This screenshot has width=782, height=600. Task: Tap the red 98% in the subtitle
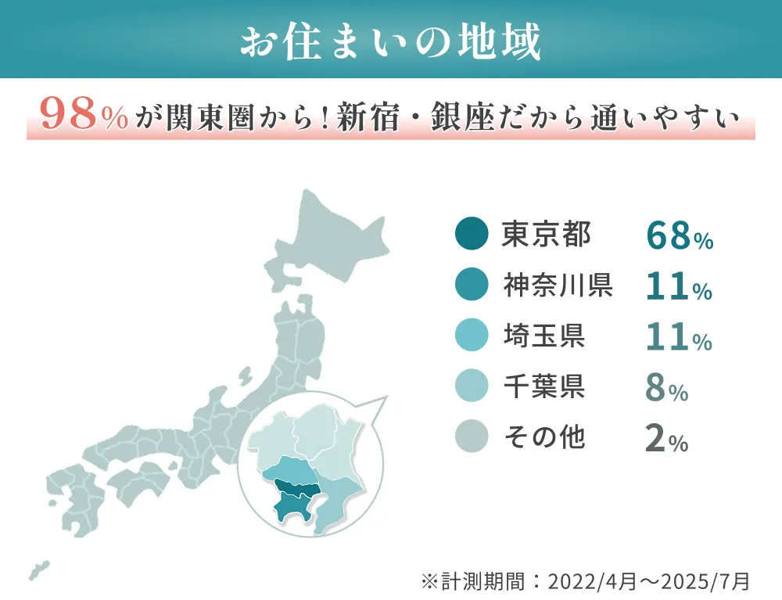coord(84,117)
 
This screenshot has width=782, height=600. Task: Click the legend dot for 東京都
coord(471,234)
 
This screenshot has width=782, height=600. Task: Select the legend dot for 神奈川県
coord(471,286)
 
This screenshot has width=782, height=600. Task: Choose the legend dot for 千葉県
coord(471,386)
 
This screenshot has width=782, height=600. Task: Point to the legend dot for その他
coord(471,437)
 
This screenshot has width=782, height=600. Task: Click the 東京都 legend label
coord(547,234)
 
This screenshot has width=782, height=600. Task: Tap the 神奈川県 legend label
coord(558,286)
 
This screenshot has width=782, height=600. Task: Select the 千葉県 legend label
coord(545,386)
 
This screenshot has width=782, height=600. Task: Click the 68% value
coord(679,236)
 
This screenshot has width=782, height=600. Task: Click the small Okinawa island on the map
coord(38,570)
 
